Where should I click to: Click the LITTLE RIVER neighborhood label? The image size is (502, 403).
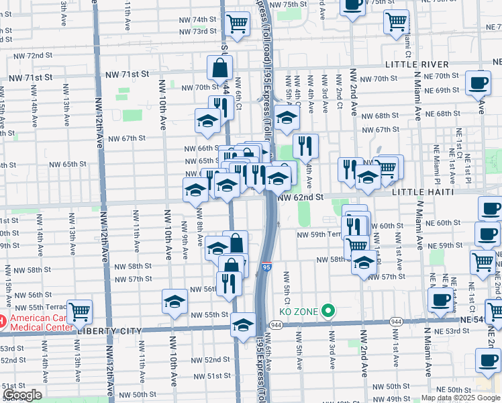point(417,64)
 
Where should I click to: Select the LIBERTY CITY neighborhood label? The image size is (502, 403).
point(107,331)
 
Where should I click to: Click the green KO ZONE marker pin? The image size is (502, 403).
point(328,310)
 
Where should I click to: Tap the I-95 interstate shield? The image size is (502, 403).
point(266,268)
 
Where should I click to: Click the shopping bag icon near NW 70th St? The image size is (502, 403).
point(219,68)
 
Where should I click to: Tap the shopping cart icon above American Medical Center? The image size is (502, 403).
point(79,311)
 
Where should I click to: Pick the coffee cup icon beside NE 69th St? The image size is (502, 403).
point(478,83)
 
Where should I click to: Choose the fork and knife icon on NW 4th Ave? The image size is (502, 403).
point(305,146)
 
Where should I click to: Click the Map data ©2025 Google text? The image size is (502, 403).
point(460,398)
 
